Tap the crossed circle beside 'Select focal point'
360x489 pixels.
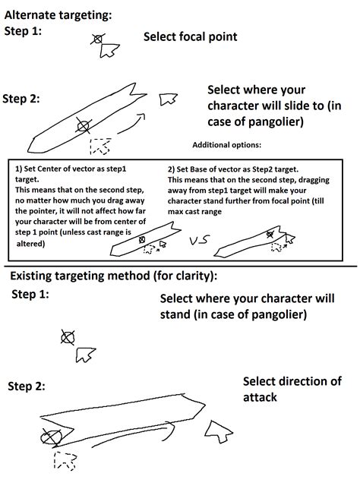tap(96, 39)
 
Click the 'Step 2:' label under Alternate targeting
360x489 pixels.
tap(21, 98)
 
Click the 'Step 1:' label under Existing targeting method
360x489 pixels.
tap(30, 295)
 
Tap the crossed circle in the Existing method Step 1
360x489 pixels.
tap(68, 337)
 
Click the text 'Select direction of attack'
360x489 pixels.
tap(291, 390)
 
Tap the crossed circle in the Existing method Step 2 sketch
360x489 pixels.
tap(52, 437)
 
